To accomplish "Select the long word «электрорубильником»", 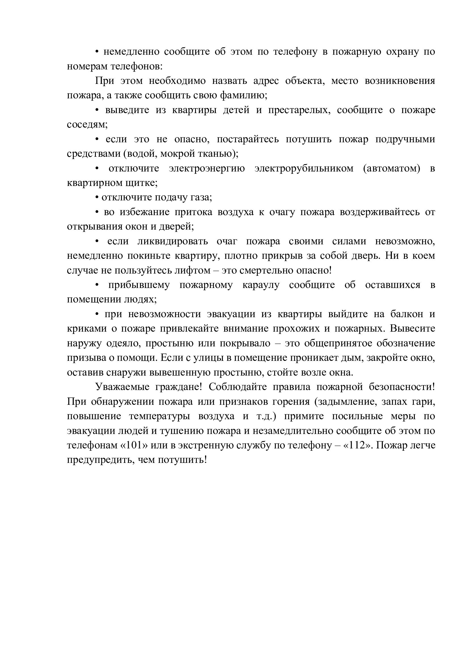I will (x=304, y=168).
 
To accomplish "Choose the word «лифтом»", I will (x=196, y=270).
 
